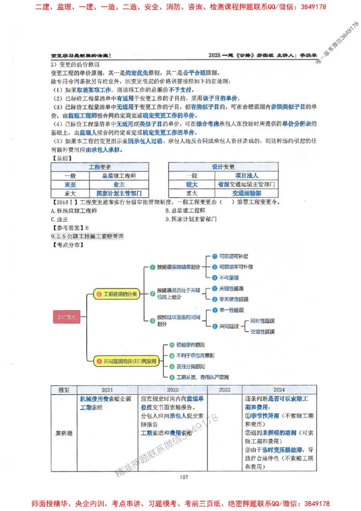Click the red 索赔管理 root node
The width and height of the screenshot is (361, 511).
pos(66,318)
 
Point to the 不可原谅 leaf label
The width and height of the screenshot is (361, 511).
pos(229,278)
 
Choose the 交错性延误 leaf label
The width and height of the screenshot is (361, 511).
pos(262,332)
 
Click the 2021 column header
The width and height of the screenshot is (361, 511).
pos(107,390)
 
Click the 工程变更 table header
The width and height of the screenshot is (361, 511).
pos(100,167)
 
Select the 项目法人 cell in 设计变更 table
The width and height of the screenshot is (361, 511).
pos(247,176)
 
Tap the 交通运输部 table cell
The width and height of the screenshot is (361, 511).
pos(247,193)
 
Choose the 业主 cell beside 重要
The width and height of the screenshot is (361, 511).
pos(119,184)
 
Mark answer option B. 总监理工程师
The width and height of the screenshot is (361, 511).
pos(185,210)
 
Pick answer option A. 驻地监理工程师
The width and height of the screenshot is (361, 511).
pos(74,210)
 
